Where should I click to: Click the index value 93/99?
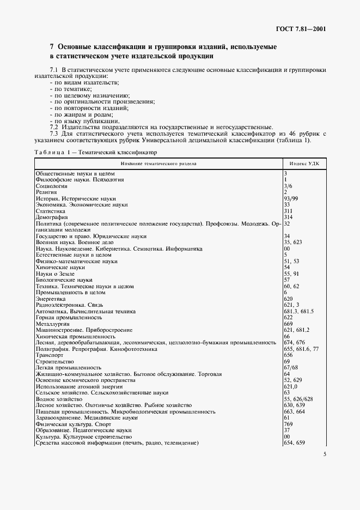point(291,198)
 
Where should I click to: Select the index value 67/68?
point(291,367)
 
